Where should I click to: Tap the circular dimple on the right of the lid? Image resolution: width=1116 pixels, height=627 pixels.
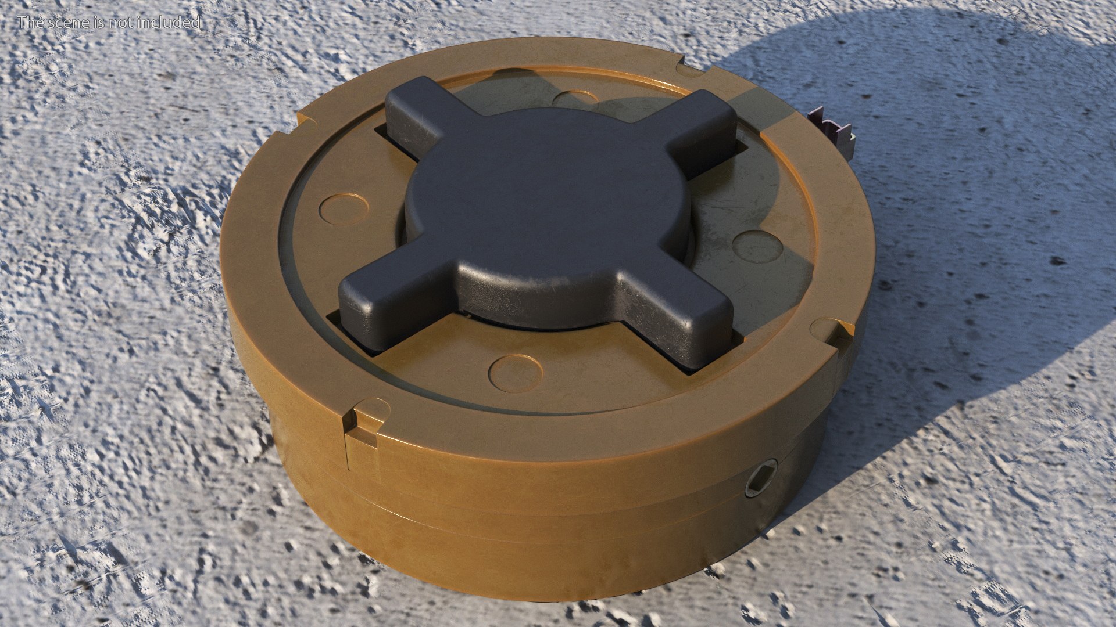click(755, 246)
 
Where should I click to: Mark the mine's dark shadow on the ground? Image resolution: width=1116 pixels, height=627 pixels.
click(959, 174)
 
